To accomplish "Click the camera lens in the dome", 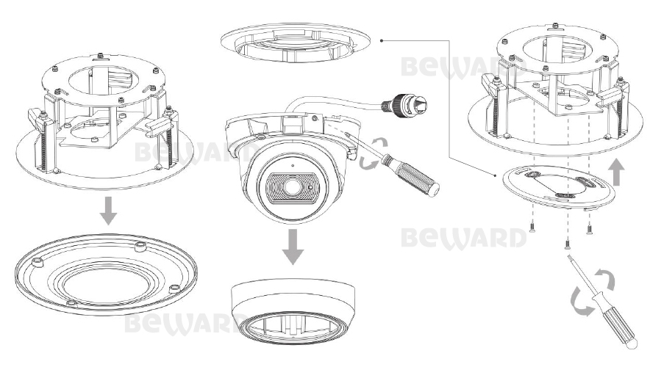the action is pos(290,187).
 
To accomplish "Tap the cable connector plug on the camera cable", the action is pos(404,103).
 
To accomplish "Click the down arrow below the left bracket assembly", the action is pos(109,211).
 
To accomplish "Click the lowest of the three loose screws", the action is pos(567,244).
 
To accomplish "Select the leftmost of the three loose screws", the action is pos(532,228).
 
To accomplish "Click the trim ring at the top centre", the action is pos(295,43).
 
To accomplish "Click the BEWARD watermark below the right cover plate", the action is pos(464,239).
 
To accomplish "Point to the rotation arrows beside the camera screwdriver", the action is pos(374,154).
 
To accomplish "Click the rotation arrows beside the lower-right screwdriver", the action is pos(593,291).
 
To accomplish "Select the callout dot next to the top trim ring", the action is pos(382,40).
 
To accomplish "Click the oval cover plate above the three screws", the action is pos(558,187).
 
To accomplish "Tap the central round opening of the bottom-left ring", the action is pos(106,286).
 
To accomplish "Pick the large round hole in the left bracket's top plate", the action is pos(103,81).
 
